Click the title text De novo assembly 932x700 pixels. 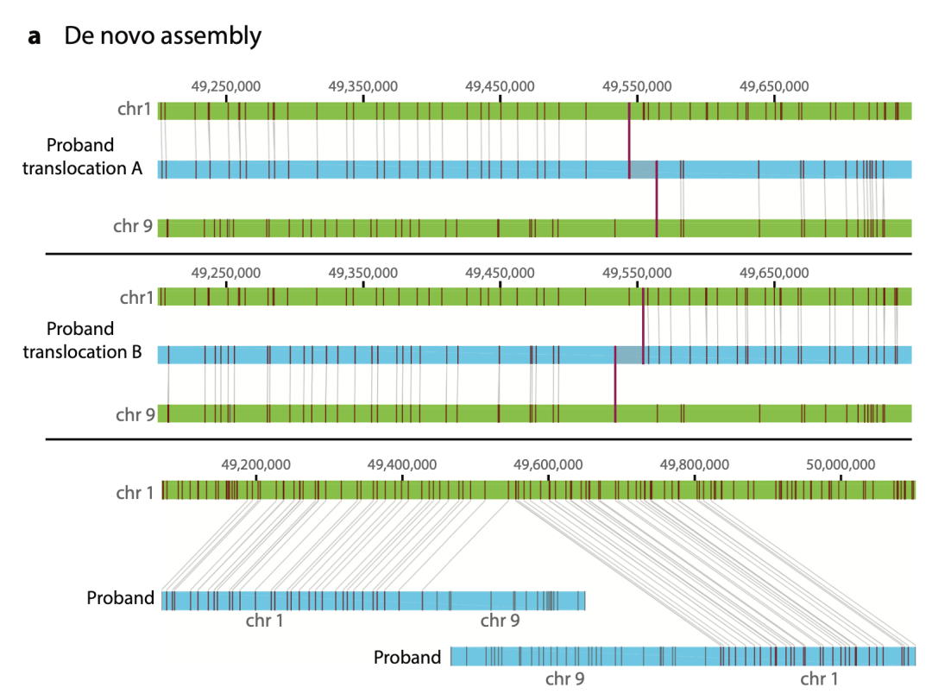(x=162, y=36)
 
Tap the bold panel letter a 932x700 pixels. (x=35, y=37)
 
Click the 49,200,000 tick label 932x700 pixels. (x=256, y=464)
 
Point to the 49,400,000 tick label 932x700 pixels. (x=402, y=464)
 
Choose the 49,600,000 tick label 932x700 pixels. (x=549, y=464)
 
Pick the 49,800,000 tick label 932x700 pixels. (x=695, y=464)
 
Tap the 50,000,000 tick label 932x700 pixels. (x=841, y=464)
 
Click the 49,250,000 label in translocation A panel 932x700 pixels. (x=226, y=86)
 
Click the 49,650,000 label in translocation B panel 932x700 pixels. (x=774, y=273)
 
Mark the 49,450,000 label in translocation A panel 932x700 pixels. (x=500, y=86)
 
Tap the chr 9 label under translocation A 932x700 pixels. (x=133, y=227)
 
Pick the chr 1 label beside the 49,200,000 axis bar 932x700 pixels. (x=135, y=493)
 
